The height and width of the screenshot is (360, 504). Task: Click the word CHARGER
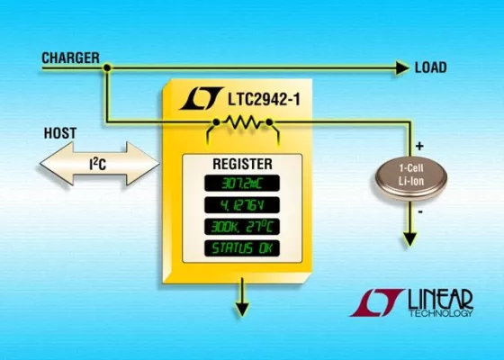pos(71,58)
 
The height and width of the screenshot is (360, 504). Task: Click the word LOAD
pos(431,67)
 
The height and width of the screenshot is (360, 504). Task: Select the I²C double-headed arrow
pos(99,166)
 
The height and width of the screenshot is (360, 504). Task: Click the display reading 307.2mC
pos(240,185)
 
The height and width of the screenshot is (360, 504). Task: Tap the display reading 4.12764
pos(240,206)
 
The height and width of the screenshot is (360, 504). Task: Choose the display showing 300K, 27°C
pos(240,227)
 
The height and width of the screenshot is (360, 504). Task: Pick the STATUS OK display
pos(240,247)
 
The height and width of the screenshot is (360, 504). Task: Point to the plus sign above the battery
pos(420,143)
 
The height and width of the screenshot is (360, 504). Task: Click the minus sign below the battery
pos(419,211)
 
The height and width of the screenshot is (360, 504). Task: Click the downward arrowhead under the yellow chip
pos(240,309)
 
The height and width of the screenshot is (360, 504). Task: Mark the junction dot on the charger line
pos(106,67)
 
